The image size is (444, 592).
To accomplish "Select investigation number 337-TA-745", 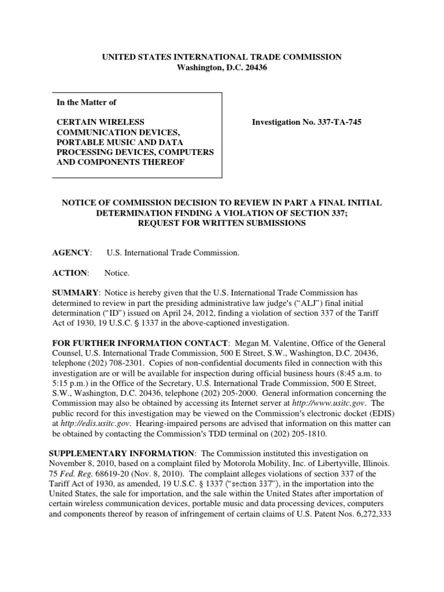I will tap(335, 123).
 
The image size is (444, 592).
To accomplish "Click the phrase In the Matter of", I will tap(86, 102).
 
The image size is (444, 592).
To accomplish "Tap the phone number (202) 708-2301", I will tap(121, 362).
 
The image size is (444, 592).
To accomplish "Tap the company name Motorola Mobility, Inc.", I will tap(268, 464).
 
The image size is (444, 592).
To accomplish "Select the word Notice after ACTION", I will tap(117, 272).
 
